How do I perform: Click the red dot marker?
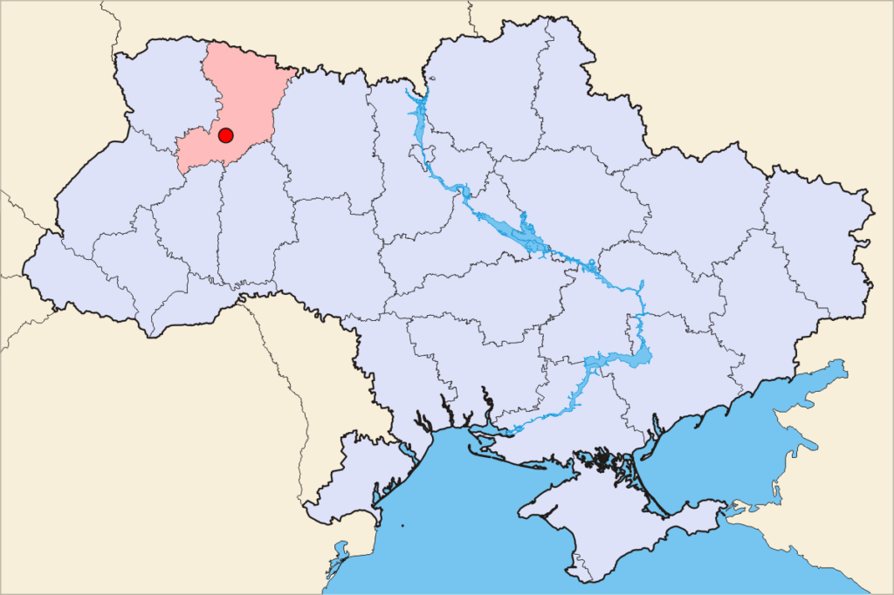click(x=225, y=135)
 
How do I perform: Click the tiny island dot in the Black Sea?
click(x=403, y=526)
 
